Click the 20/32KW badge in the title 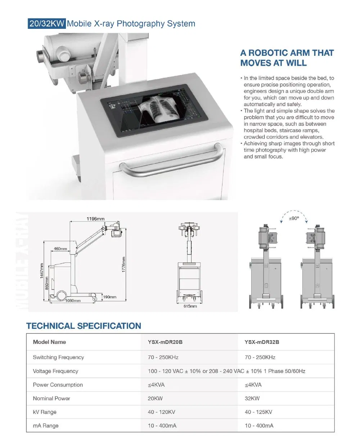click(x=47, y=24)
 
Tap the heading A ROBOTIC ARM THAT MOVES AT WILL click(x=287, y=58)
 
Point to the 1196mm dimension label click(x=95, y=219)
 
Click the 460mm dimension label click(x=60, y=249)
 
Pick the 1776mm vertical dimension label click(x=124, y=265)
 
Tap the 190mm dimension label click(x=109, y=297)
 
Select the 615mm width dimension click(x=190, y=306)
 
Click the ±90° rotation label click(x=294, y=218)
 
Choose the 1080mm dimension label click(x=73, y=301)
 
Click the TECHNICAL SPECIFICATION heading click(x=84, y=326)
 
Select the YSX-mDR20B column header click(x=165, y=342)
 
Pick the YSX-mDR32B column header click(x=262, y=342)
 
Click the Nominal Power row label click(x=51, y=399)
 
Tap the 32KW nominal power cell click(x=252, y=399)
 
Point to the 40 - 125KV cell click(x=258, y=412)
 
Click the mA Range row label click(x=45, y=426)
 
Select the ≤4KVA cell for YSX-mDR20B click(x=156, y=385)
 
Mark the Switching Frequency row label click(x=58, y=358)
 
